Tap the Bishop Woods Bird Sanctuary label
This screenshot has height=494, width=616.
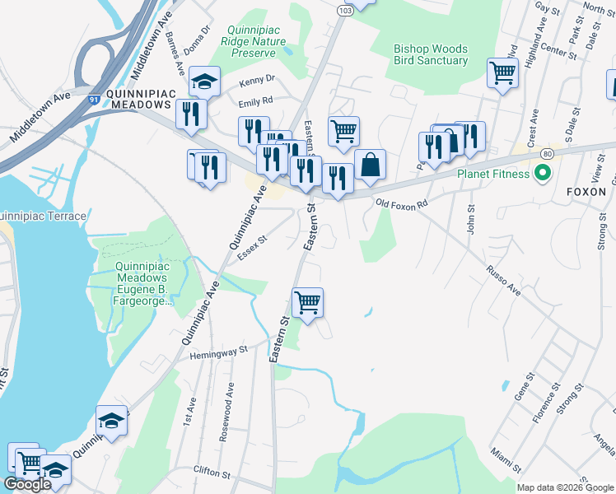[431, 54]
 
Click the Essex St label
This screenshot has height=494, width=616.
[253, 249]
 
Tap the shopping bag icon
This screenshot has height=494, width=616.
[370, 163]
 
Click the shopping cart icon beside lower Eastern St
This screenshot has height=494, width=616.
[307, 301]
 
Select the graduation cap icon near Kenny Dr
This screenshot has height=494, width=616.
[203, 81]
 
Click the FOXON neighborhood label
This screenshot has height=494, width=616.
[586, 191]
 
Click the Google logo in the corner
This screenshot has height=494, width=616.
[28, 484]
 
